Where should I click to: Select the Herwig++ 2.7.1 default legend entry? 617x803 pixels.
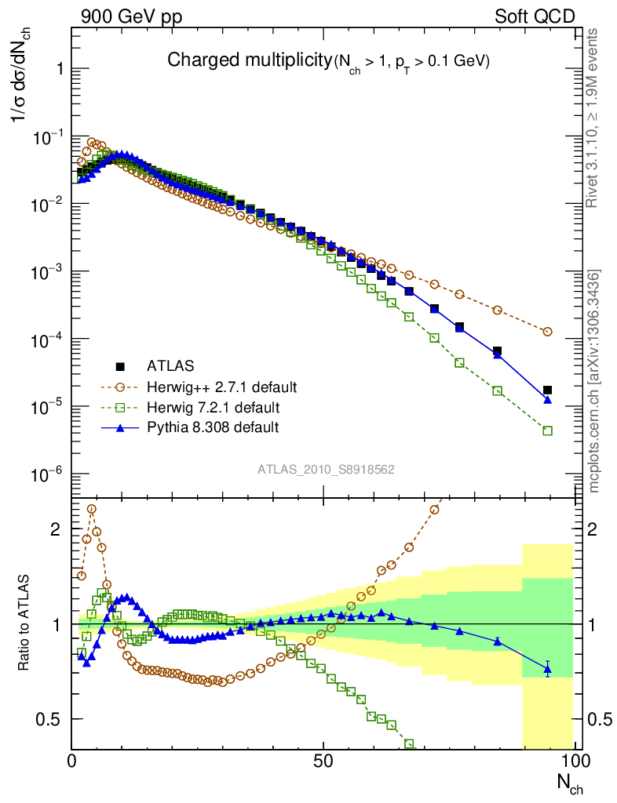(x=221, y=387)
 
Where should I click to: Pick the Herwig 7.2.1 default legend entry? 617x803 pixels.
(x=214, y=407)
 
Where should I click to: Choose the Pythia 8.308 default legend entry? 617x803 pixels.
(x=212, y=427)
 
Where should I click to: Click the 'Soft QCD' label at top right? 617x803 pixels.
(x=535, y=16)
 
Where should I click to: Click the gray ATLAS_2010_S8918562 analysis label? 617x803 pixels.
(x=326, y=470)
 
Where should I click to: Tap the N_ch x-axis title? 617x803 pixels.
(x=569, y=783)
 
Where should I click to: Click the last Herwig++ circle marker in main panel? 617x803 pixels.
(x=548, y=332)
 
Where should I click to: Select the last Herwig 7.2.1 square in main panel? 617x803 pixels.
(x=548, y=431)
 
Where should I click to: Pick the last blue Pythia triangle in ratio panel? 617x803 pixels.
(x=548, y=669)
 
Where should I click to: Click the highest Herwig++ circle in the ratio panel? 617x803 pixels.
(x=92, y=509)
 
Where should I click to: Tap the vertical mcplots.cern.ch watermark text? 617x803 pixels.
(x=594, y=380)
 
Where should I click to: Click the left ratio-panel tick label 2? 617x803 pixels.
(x=54, y=529)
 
